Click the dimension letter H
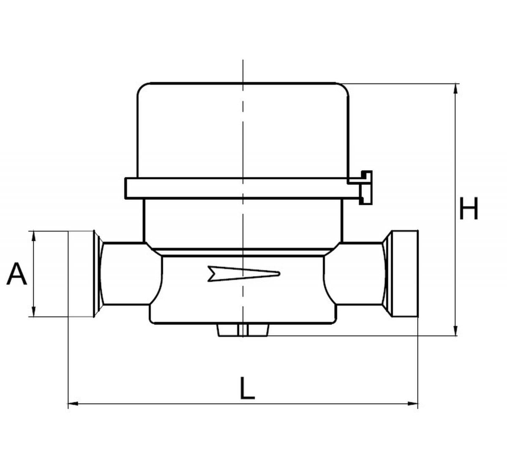point(469,209)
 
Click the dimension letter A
point(16,274)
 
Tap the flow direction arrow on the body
point(244,274)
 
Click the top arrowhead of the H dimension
point(456,89)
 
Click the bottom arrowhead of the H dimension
point(456,330)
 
